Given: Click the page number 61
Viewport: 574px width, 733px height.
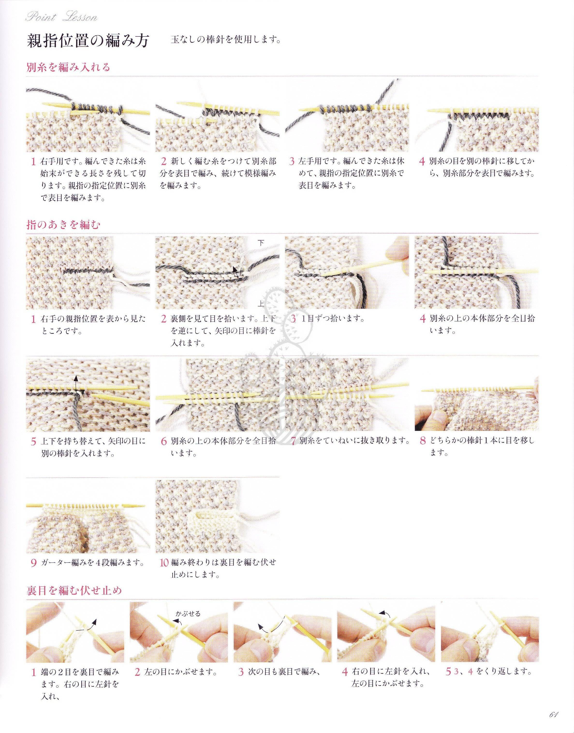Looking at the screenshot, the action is (x=553, y=722).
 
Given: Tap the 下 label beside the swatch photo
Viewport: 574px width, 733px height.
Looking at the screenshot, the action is (x=261, y=243).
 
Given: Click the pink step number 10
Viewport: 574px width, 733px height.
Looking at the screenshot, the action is (x=164, y=562).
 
